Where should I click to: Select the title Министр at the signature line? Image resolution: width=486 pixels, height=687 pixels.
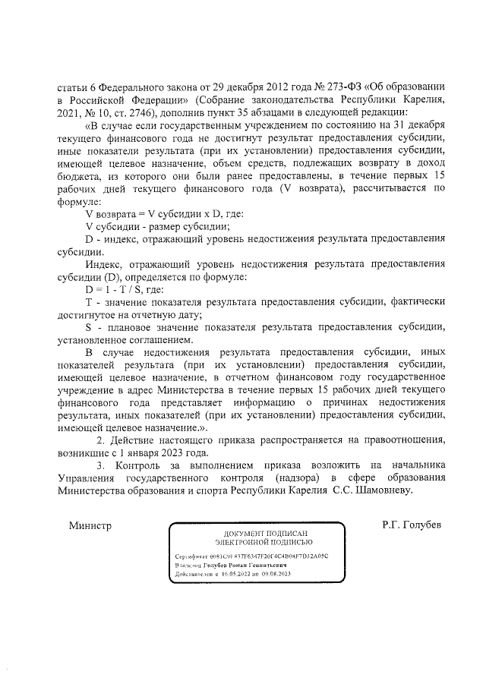[90, 525]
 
